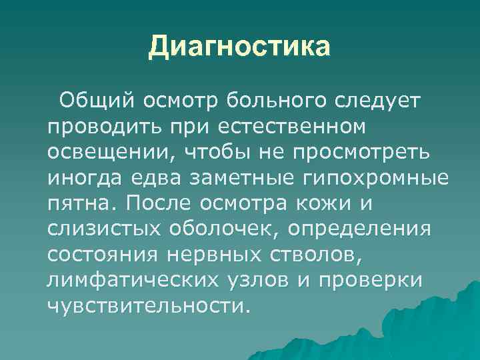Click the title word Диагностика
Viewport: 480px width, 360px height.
(239, 47)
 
